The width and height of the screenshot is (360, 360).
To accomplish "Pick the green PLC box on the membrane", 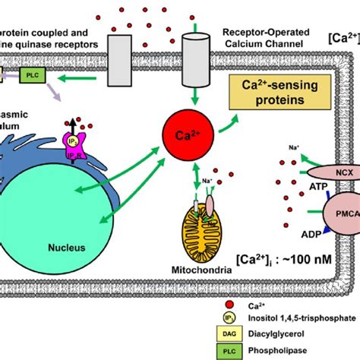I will click(30, 74).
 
